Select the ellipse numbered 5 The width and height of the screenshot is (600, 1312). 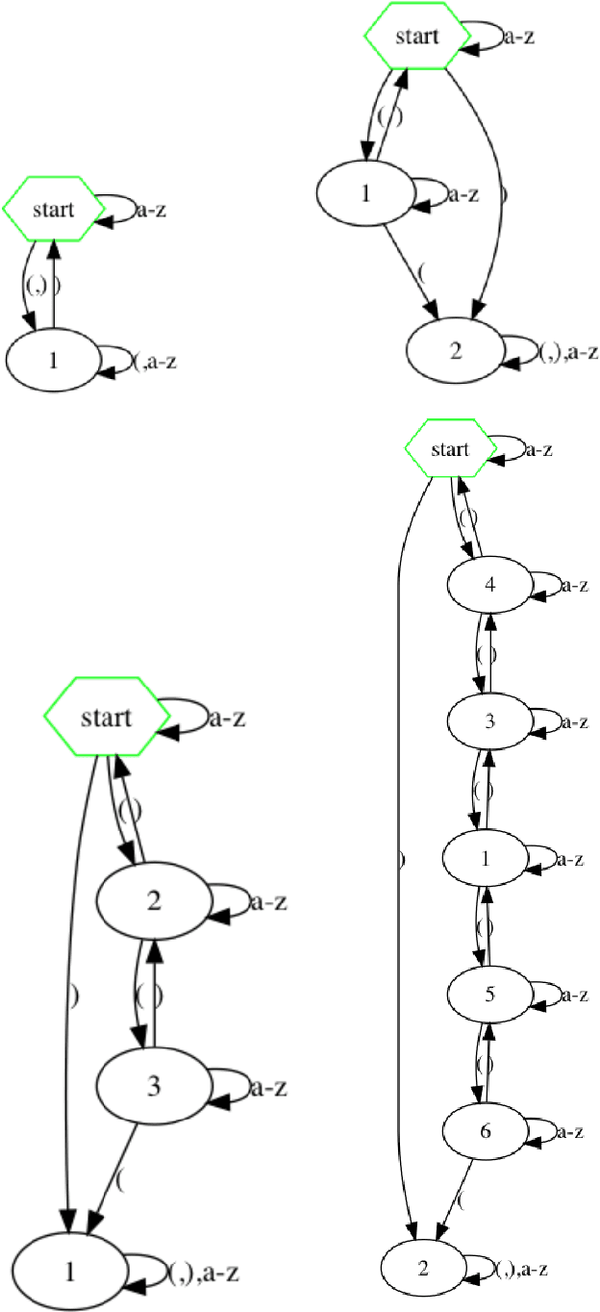tap(488, 995)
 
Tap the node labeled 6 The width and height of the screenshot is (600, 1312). tap(487, 1132)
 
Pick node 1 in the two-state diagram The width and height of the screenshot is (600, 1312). tap(53, 361)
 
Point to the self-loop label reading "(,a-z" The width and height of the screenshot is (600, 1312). tap(155, 362)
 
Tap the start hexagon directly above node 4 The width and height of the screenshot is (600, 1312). tap(450, 449)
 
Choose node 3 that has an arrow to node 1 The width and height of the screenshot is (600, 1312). tap(153, 1087)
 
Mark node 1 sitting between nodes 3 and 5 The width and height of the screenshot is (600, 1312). tap(487, 858)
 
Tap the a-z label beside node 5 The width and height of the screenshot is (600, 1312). tap(575, 995)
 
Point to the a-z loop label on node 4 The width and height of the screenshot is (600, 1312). tap(575, 584)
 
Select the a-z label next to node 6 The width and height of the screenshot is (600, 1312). tap(575, 1132)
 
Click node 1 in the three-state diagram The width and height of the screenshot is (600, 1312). tap(364, 192)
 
